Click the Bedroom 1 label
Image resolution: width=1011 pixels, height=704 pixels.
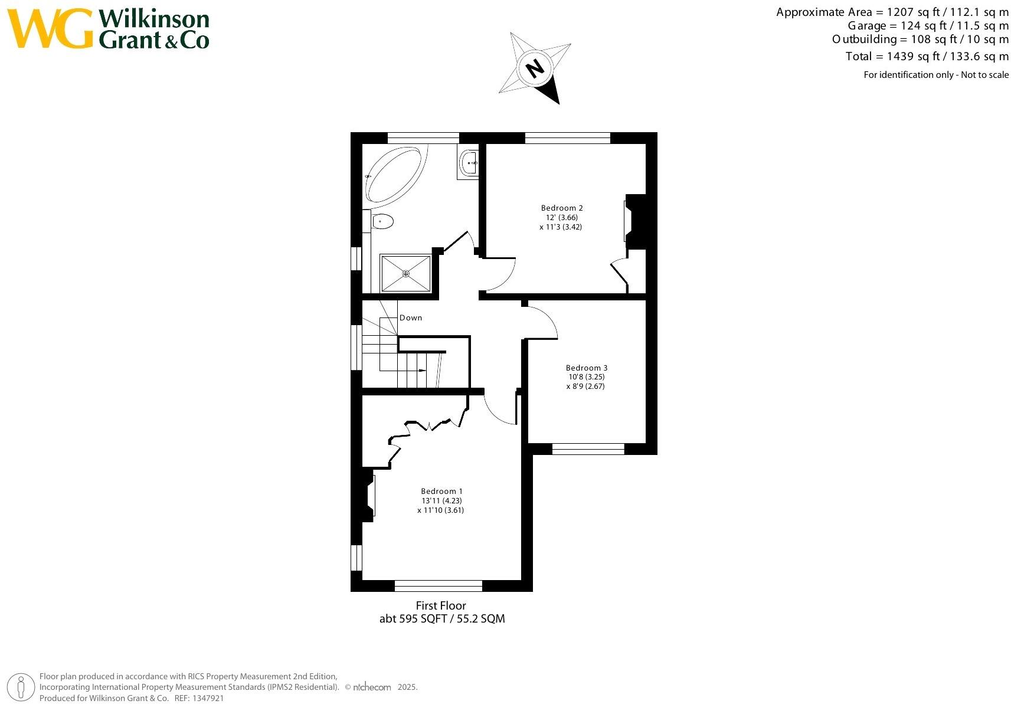441,491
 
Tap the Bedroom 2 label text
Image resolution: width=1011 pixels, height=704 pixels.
561,208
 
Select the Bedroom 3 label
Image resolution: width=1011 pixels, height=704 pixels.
586,368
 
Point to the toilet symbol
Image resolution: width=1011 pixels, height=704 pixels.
382,222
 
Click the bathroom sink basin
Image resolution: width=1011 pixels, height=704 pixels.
469,162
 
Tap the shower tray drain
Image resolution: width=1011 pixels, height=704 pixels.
405,273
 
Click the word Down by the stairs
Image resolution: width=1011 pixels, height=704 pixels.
411,317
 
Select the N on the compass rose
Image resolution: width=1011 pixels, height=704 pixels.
535,68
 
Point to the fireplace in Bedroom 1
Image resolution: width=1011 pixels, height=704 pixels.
365,495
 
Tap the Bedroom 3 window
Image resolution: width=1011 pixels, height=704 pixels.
588,449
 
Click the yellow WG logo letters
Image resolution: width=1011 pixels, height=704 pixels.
50,29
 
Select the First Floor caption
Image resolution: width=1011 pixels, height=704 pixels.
441,605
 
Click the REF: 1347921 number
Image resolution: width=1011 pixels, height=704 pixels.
210,698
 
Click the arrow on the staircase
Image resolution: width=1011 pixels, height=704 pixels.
422,370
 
